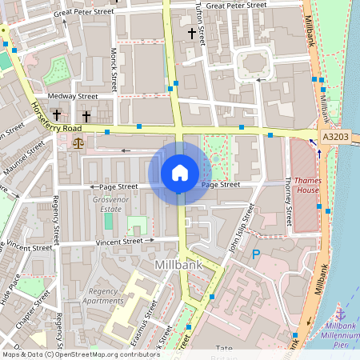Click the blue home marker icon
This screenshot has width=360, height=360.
click(x=179, y=172)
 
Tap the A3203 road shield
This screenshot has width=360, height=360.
click(x=336, y=138)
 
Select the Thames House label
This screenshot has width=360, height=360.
click(x=306, y=185)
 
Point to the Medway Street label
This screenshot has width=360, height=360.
click(x=72, y=96)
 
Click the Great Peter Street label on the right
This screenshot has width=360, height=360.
click(x=236, y=5)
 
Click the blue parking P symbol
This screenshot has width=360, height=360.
click(x=256, y=255)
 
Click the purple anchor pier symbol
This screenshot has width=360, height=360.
click(x=341, y=313)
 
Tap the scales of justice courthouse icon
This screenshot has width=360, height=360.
click(x=78, y=142)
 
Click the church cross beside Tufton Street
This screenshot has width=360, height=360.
click(x=191, y=33)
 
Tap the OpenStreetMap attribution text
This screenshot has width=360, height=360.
click(x=70, y=354)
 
